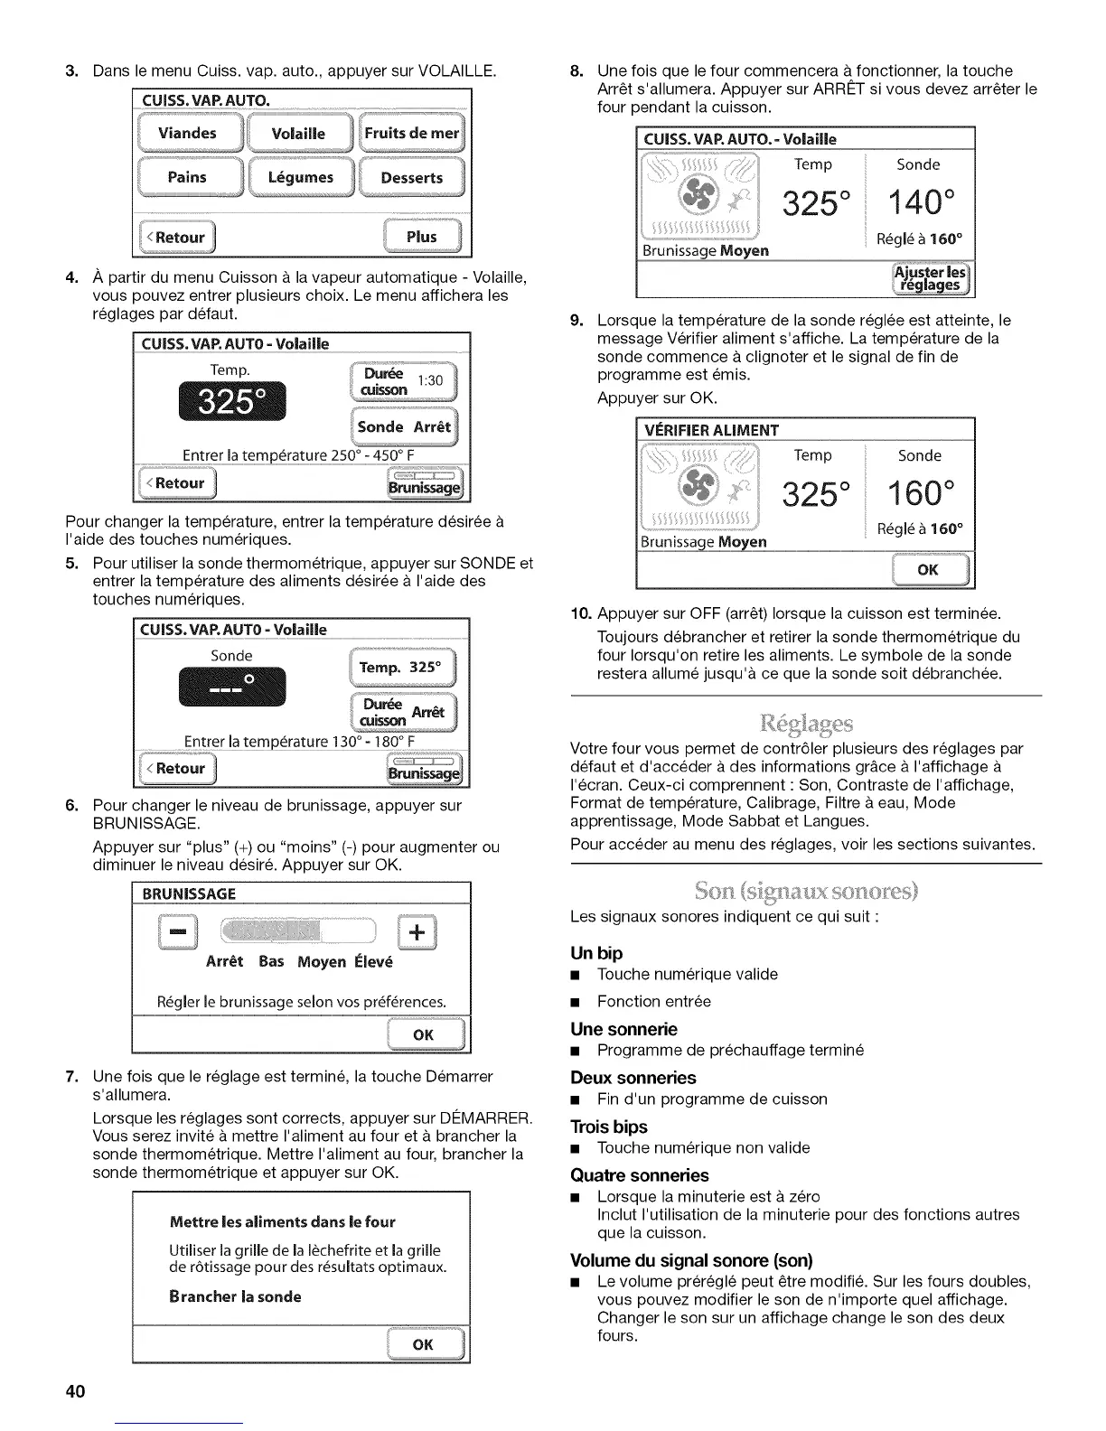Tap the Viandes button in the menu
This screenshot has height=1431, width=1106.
(188, 134)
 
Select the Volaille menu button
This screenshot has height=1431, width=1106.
(299, 134)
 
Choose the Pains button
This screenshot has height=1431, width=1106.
(188, 177)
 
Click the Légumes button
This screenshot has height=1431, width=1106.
(301, 177)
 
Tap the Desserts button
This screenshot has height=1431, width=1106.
(412, 177)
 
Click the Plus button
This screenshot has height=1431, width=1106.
(422, 237)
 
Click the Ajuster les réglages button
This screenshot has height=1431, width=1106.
(930, 277)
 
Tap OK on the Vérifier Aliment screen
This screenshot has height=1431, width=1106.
(929, 569)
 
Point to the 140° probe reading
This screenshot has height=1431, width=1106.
(918, 202)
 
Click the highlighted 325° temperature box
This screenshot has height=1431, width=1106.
(232, 401)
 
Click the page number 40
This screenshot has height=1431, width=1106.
(75, 1390)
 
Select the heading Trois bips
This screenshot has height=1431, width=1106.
(608, 1127)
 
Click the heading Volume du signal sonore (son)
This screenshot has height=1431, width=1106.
(691, 1260)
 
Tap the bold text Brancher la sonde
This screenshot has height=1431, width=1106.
(235, 1296)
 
